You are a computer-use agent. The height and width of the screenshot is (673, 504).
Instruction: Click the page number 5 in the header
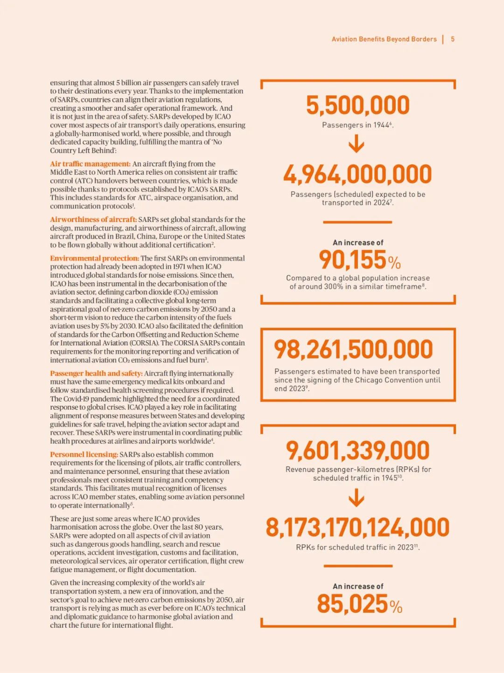tap(453, 39)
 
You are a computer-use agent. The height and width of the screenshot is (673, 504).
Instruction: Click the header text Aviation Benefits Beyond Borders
tap(384, 39)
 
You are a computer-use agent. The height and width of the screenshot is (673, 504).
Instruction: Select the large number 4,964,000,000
tap(358, 174)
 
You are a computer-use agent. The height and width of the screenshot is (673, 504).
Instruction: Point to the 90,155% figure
tap(359, 260)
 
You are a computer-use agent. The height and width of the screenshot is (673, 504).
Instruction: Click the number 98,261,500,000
tap(353, 349)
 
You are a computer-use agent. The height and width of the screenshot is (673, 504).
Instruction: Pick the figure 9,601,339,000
tap(358, 451)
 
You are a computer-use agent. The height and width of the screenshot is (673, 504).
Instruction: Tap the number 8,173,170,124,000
tap(358, 528)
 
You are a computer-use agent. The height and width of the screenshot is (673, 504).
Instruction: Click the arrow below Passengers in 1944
tap(357, 143)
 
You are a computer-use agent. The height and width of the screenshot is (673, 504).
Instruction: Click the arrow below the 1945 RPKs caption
tap(357, 498)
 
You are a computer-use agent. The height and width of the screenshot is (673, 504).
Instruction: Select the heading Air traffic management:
tap(91, 164)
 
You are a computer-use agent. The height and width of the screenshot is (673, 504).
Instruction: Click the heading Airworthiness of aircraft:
tap(93, 220)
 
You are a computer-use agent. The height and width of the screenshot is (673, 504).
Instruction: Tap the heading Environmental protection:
tap(94, 258)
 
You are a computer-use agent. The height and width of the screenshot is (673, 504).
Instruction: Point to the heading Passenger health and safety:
tap(96, 373)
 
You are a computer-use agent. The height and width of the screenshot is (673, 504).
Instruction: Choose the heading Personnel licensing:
tap(84, 454)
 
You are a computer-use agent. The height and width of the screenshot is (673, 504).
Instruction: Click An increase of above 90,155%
tap(358, 243)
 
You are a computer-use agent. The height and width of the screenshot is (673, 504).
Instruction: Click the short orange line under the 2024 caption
tap(357, 222)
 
